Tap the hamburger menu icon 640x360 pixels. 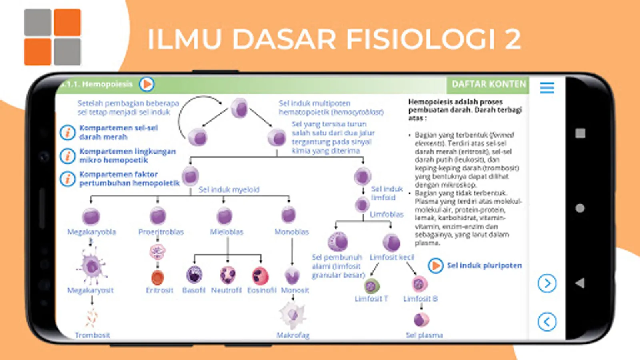tap(547, 87)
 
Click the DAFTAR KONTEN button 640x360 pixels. tap(488, 84)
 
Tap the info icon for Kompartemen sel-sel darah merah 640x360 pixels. tap(68, 132)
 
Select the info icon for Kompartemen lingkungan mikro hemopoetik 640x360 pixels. tap(68, 156)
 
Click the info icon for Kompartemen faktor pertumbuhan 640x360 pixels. tap(68, 179)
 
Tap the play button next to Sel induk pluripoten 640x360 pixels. tap(436, 266)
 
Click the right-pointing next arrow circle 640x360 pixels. tap(547, 284)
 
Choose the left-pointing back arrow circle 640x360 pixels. tap(547, 321)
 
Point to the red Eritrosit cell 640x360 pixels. tap(158, 277)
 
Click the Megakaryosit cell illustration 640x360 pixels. tap(92, 266)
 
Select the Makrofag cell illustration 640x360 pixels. tap(293, 315)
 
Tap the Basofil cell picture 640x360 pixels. tap(194, 275)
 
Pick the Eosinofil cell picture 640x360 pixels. tap(260, 276)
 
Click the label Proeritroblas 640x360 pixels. tap(161, 232)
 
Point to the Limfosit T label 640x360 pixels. tap(371, 299)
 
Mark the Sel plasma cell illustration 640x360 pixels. tap(421, 320)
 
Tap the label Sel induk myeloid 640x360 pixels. tap(229, 190)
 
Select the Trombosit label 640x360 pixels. tap(92, 335)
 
